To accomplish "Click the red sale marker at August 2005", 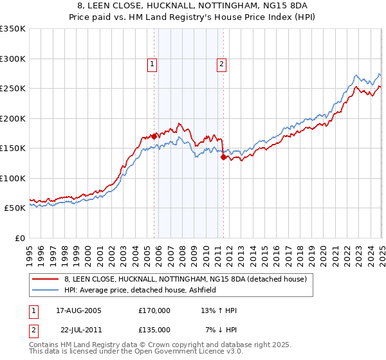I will pos(154,136).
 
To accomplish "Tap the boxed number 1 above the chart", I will pos(152,64).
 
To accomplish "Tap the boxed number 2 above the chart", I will pos(221,64).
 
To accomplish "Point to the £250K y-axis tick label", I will pos(13,89).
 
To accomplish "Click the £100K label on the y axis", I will pos(13,178).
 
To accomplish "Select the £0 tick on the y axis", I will pos(19,238).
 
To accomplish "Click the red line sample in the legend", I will pos(46,280).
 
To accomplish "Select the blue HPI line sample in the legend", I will pos(46,291).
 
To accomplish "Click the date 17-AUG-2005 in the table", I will pos(79,310).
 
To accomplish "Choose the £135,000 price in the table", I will pos(154,329).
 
